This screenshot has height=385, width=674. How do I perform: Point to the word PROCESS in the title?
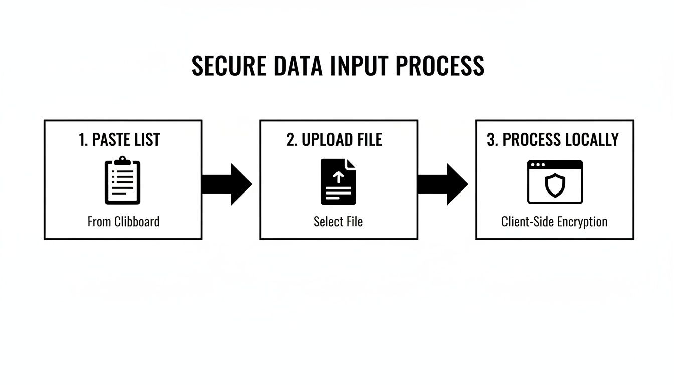point(440,66)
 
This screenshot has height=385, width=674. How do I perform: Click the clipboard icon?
point(123,181)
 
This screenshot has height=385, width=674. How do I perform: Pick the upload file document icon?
point(338,181)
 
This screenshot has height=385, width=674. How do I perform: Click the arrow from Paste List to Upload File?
point(227,184)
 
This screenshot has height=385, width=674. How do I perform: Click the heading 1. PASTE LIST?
point(120,140)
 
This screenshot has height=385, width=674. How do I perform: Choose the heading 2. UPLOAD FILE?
point(334,140)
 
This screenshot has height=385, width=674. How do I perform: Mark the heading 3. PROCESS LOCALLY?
point(553,140)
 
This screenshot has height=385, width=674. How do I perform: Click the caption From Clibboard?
point(123,221)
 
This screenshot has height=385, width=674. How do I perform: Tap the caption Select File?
point(338,221)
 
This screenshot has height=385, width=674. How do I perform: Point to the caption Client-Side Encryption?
point(554,221)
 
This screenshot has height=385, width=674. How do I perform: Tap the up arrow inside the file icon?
point(338,177)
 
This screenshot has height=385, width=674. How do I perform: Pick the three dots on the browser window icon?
point(538,165)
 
